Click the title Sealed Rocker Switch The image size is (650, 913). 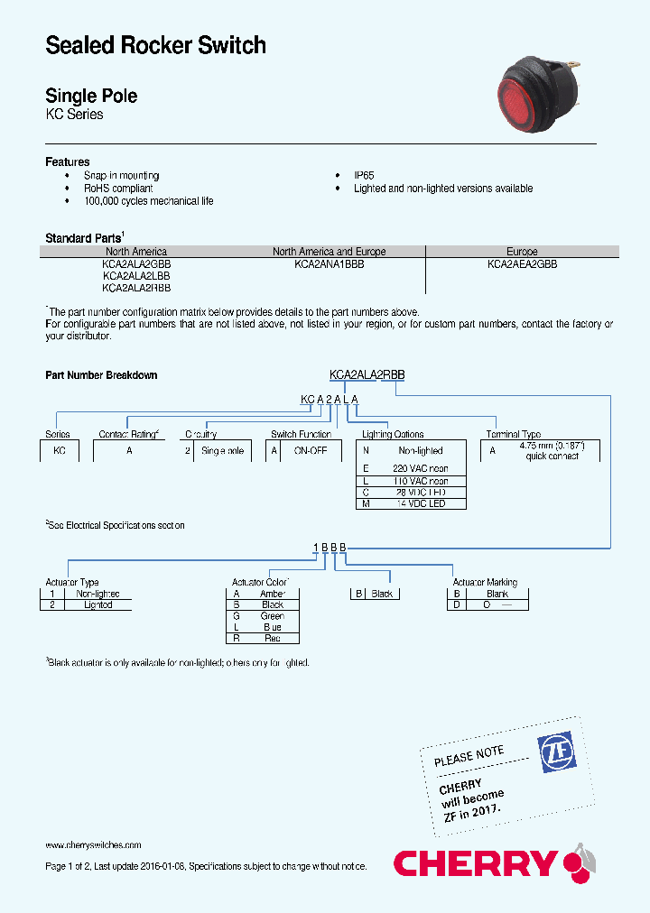[x=155, y=45]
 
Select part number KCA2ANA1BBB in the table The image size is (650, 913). [x=329, y=264]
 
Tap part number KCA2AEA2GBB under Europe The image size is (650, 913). [x=522, y=264]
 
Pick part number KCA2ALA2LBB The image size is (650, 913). [x=136, y=276]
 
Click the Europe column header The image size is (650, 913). [x=522, y=252]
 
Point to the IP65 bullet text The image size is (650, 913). [x=364, y=176]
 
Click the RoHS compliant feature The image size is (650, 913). [x=118, y=189]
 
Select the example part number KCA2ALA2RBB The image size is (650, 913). [x=367, y=374]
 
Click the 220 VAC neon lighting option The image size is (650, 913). [x=420, y=469]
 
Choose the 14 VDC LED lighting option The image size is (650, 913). [x=420, y=504]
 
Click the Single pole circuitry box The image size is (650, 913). [x=222, y=450]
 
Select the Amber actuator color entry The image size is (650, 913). [x=272, y=594]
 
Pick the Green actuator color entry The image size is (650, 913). [x=272, y=616]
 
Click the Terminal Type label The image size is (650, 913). [x=514, y=434]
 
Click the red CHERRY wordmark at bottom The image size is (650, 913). [x=475, y=863]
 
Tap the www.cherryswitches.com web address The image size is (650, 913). [x=93, y=845]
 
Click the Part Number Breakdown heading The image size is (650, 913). [x=101, y=374]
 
